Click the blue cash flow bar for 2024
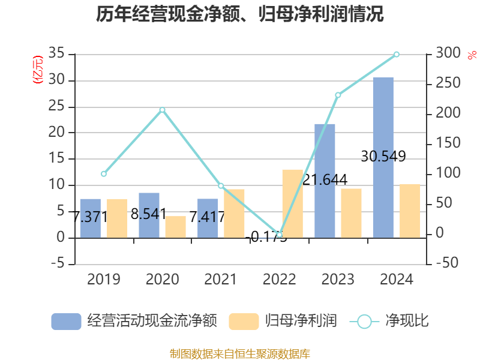[x=383, y=157]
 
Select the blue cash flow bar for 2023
[x=325, y=181]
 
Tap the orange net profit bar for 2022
[x=292, y=203]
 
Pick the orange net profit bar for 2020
[x=176, y=227]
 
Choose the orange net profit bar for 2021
[x=235, y=214]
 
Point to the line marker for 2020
[x=162, y=110]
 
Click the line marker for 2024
[x=396, y=55]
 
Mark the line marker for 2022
[x=280, y=235]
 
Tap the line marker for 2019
[x=104, y=174]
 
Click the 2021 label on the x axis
[x=221, y=280]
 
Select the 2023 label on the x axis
[x=338, y=280]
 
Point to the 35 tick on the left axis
[x=56, y=54]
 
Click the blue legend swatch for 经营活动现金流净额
[x=66, y=321]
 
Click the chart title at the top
[x=240, y=14]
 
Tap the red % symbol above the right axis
[x=472, y=55]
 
